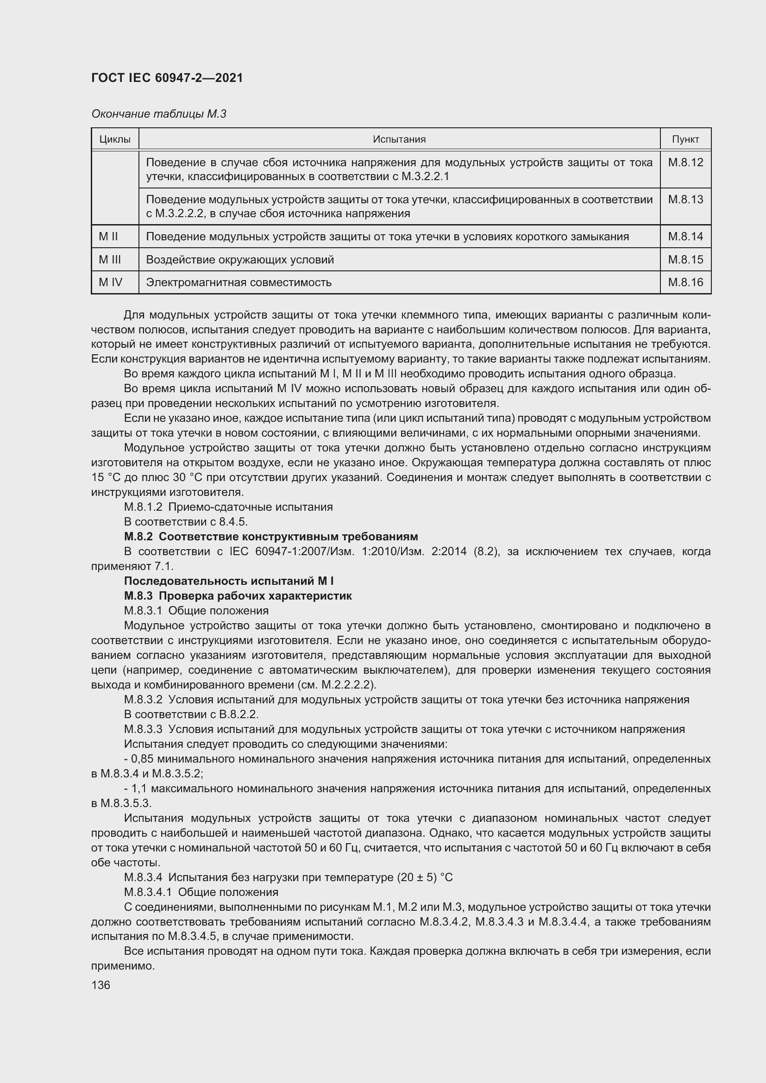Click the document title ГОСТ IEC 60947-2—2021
coord(167,78)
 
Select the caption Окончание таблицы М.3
coord(158,114)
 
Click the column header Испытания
coord(399,140)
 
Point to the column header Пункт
coord(685,140)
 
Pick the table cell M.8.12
coord(685,163)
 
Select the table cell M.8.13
coord(685,200)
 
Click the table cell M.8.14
coord(685,237)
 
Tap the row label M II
coord(108,237)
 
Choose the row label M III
coord(110,260)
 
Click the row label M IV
coord(110,282)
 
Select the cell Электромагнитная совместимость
coord(239,282)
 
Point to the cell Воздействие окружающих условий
coord(239,260)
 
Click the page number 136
coord(100,985)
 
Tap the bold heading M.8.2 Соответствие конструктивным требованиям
coord(271,537)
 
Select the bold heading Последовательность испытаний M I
coord(229,581)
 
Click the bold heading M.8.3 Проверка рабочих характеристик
coord(238,596)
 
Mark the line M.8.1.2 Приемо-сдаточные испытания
coord(228,507)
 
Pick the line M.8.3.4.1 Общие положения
coord(201,892)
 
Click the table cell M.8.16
coord(685,282)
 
